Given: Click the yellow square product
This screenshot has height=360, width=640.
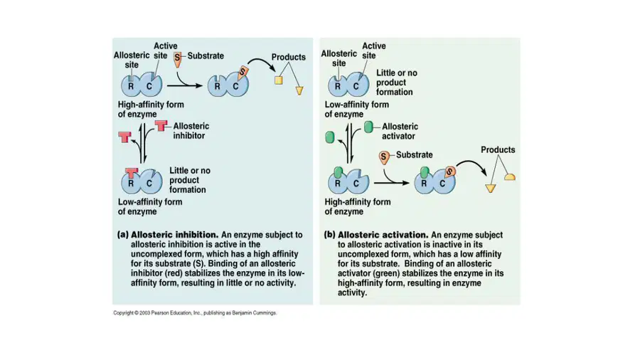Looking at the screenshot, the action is [x=278, y=80].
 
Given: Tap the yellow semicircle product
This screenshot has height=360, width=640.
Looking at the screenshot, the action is [x=510, y=176].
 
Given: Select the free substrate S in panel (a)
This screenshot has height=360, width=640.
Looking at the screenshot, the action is [x=177, y=59].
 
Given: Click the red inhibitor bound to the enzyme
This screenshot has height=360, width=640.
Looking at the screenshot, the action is [x=131, y=173].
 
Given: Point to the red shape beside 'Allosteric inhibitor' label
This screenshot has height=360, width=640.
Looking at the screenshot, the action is [x=161, y=125].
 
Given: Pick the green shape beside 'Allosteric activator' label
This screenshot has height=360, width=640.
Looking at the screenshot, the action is [x=368, y=127].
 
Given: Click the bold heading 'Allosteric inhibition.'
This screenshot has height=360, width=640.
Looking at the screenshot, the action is [x=175, y=235].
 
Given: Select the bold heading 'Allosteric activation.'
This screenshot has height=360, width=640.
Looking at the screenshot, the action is [x=383, y=235].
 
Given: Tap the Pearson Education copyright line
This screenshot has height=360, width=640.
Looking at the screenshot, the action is [x=195, y=312].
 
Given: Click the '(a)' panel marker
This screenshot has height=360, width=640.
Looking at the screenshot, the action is [x=123, y=235].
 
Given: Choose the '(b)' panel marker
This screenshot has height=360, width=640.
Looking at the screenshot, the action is [x=330, y=235].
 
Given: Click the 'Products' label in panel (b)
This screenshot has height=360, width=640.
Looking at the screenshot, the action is [x=498, y=150].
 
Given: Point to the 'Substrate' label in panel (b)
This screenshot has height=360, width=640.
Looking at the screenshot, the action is [x=415, y=155].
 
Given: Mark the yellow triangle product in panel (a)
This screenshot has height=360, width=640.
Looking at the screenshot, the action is [x=299, y=90].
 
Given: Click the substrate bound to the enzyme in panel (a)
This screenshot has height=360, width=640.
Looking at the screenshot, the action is [x=243, y=73].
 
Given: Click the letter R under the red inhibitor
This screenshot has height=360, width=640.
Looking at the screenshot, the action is [x=131, y=184].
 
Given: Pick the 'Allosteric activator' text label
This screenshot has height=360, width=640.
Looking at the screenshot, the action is [x=400, y=132].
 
